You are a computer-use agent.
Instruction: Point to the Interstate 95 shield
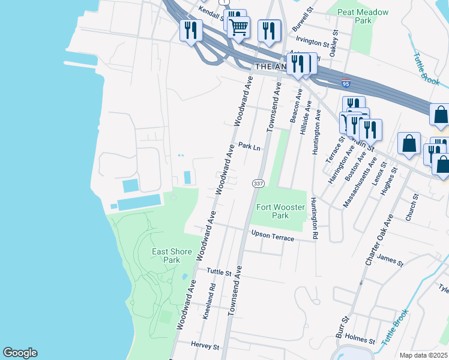346,82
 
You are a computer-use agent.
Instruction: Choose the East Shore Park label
166,256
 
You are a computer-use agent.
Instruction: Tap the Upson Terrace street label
273,236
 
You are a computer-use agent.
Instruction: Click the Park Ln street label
249,146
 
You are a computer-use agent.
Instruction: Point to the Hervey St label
202,345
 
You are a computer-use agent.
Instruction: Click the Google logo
20,353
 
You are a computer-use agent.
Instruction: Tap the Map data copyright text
424,355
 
